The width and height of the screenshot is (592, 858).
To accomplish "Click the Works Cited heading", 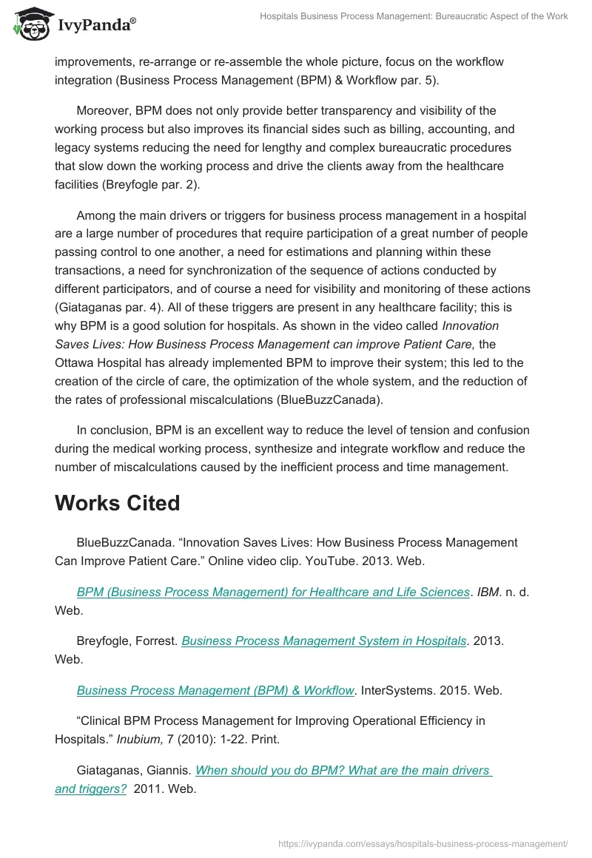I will tap(117, 503).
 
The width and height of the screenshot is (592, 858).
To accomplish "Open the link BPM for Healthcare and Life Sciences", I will tap(273, 592).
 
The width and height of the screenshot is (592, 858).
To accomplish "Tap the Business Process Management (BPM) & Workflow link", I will tap(215, 690).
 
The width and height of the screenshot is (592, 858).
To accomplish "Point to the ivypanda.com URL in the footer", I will tap(423, 842).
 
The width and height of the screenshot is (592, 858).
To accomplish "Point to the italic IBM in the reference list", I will tap(490, 592).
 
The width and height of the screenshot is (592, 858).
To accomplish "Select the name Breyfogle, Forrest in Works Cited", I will tap(127, 641).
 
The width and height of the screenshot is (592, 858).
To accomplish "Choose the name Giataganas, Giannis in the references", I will tap(133, 770).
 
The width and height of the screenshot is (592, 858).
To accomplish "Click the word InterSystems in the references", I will tap(404, 690).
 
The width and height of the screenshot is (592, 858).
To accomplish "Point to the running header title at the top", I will tap(414, 16).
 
